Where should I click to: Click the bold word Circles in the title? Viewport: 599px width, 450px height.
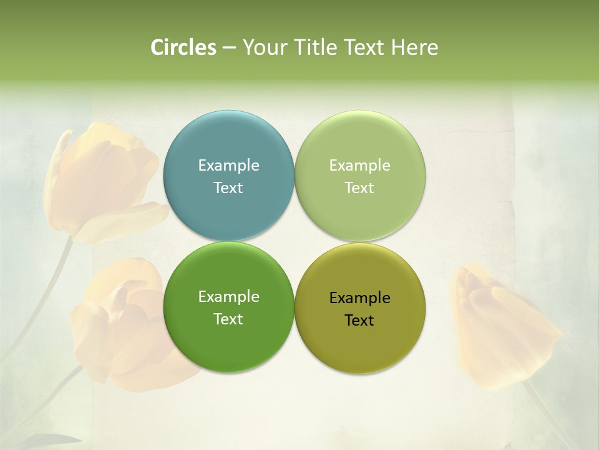point(183,47)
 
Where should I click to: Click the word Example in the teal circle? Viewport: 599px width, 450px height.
point(228,166)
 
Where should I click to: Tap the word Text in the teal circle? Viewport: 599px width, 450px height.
point(228,188)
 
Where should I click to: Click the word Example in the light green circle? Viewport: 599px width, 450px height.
point(359,166)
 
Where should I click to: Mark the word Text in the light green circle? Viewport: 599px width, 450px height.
point(359,188)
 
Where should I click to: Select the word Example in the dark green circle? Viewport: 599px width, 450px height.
point(228,297)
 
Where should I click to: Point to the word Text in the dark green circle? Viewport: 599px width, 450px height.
point(228,319)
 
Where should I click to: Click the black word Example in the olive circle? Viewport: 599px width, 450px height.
point(359,298)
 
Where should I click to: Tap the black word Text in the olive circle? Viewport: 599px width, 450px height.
point(359,321)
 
